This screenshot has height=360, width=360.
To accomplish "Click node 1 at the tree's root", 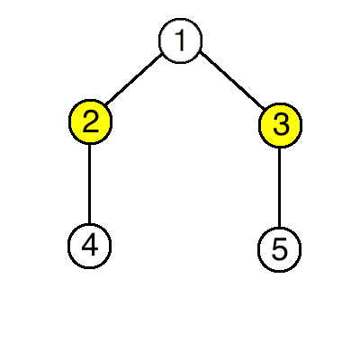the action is click(180, 40).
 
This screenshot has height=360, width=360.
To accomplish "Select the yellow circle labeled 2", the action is click(90, 121).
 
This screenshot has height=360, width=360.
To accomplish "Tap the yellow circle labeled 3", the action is click(280, 125).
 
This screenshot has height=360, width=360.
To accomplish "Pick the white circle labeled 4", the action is click(89, 246).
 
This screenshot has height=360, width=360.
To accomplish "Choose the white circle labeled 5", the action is click(279, 249).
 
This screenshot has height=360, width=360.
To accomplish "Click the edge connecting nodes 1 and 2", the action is click(134, 79).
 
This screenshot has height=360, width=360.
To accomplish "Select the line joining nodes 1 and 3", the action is click(232, 80).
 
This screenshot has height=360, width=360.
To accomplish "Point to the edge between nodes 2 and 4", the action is click(89, 184).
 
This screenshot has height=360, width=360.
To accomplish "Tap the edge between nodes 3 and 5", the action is click(280, 187).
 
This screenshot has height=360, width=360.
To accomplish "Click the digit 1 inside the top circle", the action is click(180, 40).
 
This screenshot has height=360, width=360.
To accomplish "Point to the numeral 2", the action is click(90, 121).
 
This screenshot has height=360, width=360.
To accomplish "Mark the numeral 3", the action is click(281, 124).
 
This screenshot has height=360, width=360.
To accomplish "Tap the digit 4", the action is click(90, 246).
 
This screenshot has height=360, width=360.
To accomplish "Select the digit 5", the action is click(280, 249).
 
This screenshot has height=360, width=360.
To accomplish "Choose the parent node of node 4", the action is click(90, 121).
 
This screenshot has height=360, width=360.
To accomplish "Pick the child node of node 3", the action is click(279, 249).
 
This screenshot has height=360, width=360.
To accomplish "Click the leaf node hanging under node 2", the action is click(89, 246).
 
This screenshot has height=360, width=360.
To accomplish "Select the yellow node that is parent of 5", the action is click(280, 125).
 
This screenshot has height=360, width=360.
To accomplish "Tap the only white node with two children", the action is click(180, 40).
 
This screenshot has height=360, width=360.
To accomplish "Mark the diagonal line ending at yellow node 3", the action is click(232, 80).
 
